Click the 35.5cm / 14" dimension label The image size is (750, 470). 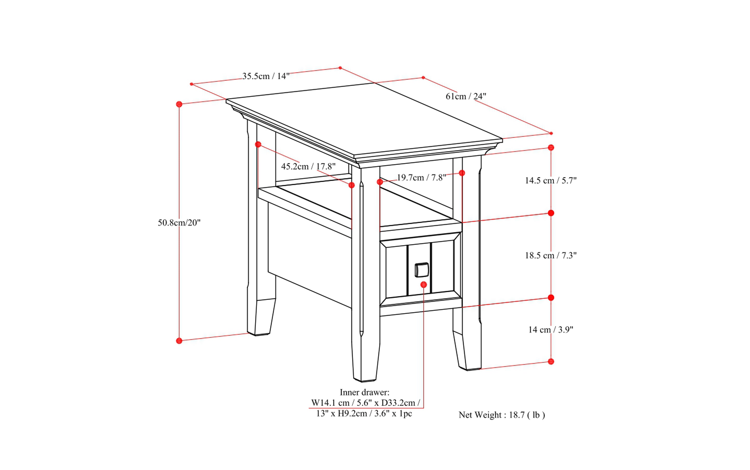(x=266, y=76)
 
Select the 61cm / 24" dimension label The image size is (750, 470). (x=466, y=96)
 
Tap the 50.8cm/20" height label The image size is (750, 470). (x=179, y=223)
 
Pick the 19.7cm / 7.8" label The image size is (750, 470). (x=421, y=178)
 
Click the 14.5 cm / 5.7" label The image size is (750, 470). (x=550, y=180)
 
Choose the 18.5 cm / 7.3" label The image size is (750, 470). (x=550, y=255)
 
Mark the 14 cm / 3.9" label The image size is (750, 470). (x=550, y=330)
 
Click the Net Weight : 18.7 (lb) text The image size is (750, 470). (x=501, y=415)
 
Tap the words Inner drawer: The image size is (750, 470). (x=364, y=392)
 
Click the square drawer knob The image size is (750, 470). (x=422, y=270)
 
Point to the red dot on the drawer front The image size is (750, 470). (x=424, y=284)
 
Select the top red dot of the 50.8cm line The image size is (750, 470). (x=179, y=104)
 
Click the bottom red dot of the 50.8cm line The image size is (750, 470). (x=179, y=341)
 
